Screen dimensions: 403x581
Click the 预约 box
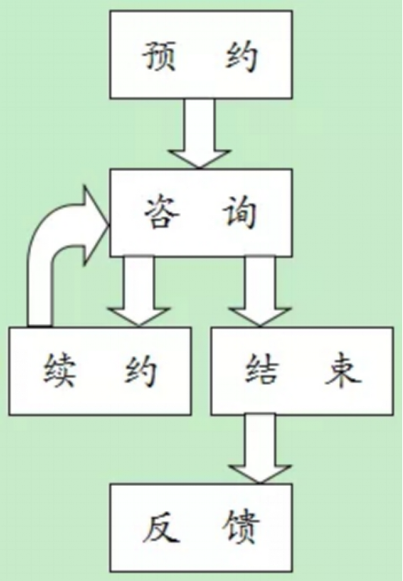point(201,55)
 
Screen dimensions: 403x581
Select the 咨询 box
point(201,213)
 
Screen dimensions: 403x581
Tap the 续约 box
point(100,371)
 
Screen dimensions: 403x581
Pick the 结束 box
point(303,371)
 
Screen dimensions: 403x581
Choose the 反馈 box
point(201,528)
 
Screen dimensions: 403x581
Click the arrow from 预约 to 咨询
point(199,134)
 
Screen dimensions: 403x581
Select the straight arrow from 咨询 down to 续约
point(138,291)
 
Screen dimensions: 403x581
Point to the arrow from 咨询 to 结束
point(260,291)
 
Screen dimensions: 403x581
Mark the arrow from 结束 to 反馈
point(260,449)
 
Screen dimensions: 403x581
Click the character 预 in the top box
point(159,56)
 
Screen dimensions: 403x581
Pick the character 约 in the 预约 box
point(241,56)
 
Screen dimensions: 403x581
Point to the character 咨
point(161,213)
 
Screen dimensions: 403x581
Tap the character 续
point(59,370)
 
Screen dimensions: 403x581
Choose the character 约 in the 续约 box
point(141,371)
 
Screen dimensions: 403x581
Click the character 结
point(262,370)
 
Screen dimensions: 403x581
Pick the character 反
point(160,528)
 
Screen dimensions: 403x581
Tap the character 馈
point(241,528)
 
